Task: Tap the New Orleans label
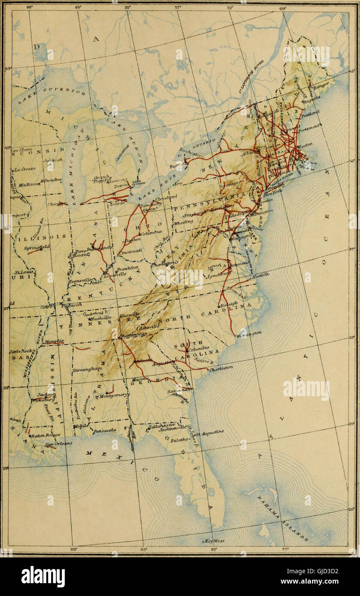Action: click(x=59, y=444)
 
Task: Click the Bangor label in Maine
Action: click(x=321, y=87)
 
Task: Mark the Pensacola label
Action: click(x=105, y=430)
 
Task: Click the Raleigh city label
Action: click(x=229, y=303)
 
